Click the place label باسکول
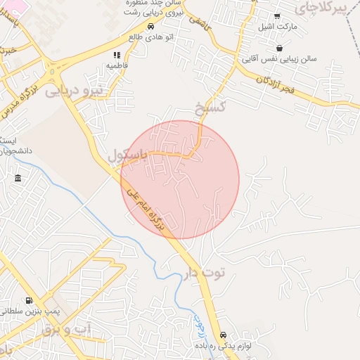(134, 154)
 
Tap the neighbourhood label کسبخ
(210, 108)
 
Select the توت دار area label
(204, 274)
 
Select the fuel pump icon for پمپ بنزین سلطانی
(28, 300)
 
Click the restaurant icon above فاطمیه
(117, 55)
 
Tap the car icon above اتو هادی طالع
(150, 27)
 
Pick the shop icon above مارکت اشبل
(277, 16)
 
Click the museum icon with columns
(18, 179)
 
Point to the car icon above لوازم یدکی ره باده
(223, 335)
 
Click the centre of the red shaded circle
(180, 179)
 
